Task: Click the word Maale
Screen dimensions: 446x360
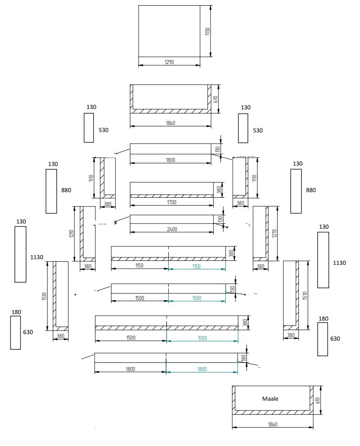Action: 270,399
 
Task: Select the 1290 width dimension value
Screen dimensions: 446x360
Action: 169,62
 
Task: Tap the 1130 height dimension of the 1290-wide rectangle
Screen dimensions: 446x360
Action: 207,31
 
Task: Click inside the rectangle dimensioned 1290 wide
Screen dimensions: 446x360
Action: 169,30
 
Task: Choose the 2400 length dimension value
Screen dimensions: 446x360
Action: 172,230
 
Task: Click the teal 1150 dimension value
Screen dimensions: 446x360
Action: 196,266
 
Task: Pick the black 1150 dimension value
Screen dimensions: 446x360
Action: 139,265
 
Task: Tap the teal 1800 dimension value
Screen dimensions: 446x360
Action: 202,369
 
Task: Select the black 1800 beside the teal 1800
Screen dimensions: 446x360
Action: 130,369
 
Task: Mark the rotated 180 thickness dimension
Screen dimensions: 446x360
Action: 244,358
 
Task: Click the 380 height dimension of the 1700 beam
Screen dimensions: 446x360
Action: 220,189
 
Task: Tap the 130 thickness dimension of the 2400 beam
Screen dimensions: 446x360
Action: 220,219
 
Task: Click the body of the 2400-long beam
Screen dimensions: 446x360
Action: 171,219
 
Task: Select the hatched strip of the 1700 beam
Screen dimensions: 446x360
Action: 171,196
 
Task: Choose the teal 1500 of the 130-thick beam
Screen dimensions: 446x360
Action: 197,298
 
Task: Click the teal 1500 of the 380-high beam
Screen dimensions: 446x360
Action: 202,338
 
